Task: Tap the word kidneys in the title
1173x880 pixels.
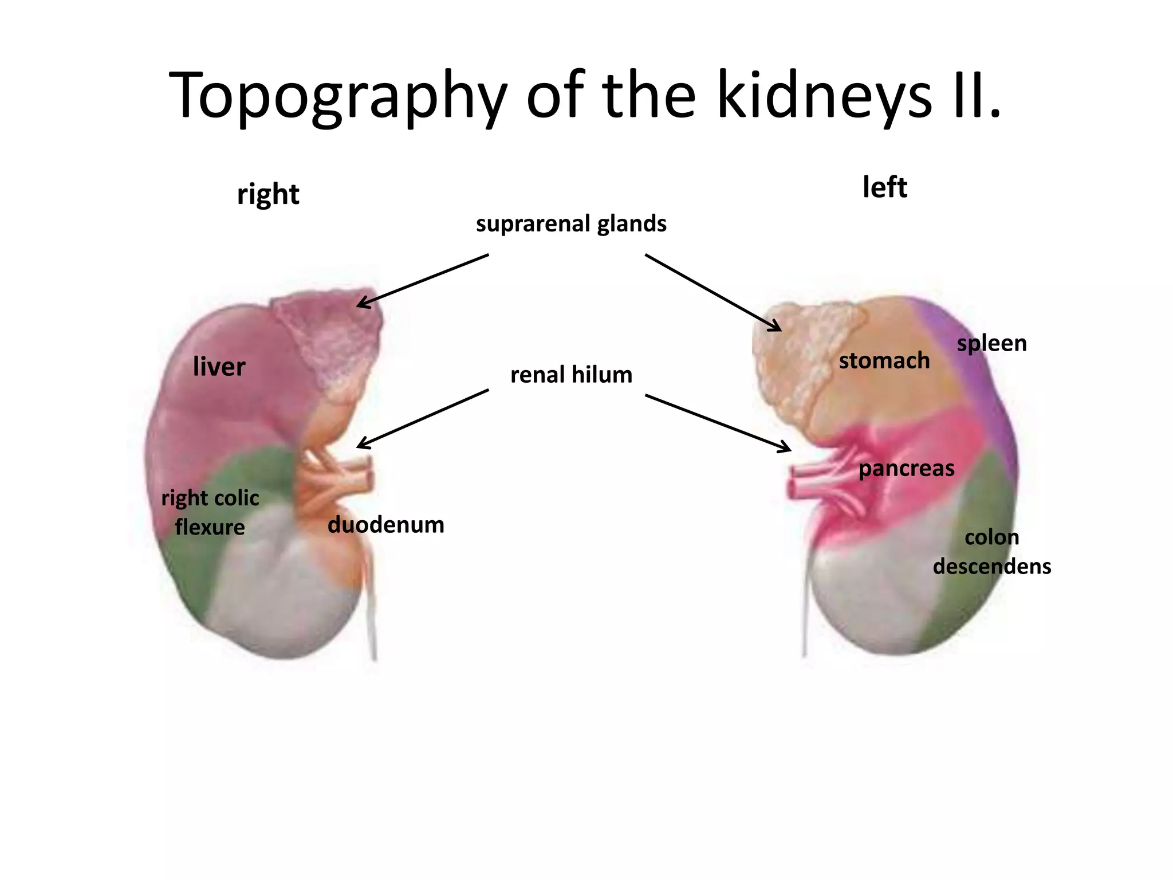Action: pyautogui.click(x=825, y=95)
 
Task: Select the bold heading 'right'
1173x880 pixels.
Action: pyautogui.click(x=268, y=194)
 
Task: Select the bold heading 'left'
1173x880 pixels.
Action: pyautogui.click(x=885, y=187)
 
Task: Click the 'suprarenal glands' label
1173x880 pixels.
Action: pyautogui.click(x=571, y=223)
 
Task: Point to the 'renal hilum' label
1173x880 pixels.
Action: pyautogui.click(x=571, y=375)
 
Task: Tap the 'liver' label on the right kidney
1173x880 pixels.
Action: pyautogui.click(x=219, y=367)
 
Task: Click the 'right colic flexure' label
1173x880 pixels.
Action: pyautogui.click(x=210, y=512)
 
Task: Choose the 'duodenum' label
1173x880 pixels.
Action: pyautogui.click(x=385, y=525)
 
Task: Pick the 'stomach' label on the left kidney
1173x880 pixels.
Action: pyautogui.click(x=884, y=360)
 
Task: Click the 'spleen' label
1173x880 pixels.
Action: pyautogui.click(x=992, y=343)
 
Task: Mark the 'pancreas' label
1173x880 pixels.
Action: pyautogui.click(x=907, y=469)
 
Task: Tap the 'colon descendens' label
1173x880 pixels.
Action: pyautogui.click(x=992, y=552)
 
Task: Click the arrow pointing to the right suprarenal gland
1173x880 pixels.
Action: pyautogui.click(x=423, y=281)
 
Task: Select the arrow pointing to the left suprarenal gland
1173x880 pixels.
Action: pyautogui.click(x=713, y=292)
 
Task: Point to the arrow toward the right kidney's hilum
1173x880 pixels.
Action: pyautogui.click(x=423, y=418)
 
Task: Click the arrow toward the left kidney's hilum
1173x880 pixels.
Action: pyautogui.click(x=718, y=423)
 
